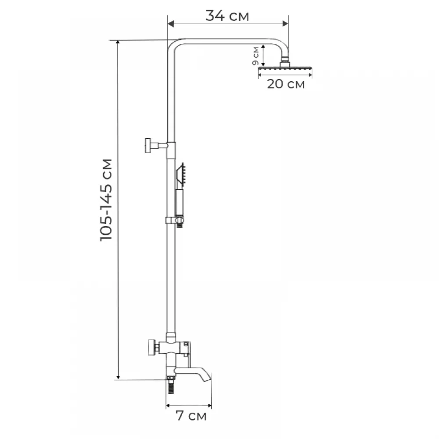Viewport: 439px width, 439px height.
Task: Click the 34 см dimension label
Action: tap(227, 16)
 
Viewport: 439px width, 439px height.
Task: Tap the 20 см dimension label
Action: tap(286, 84)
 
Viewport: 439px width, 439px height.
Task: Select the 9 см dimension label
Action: tap(255, 56)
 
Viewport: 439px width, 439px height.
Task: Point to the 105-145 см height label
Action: tap(106, 200)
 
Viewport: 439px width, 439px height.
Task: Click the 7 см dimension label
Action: tap(191, 416)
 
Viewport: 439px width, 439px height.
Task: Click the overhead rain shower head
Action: tap(285, 69)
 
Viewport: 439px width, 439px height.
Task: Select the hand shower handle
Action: tap(179, 202)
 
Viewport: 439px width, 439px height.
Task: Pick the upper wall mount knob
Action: tap(148, 146)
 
